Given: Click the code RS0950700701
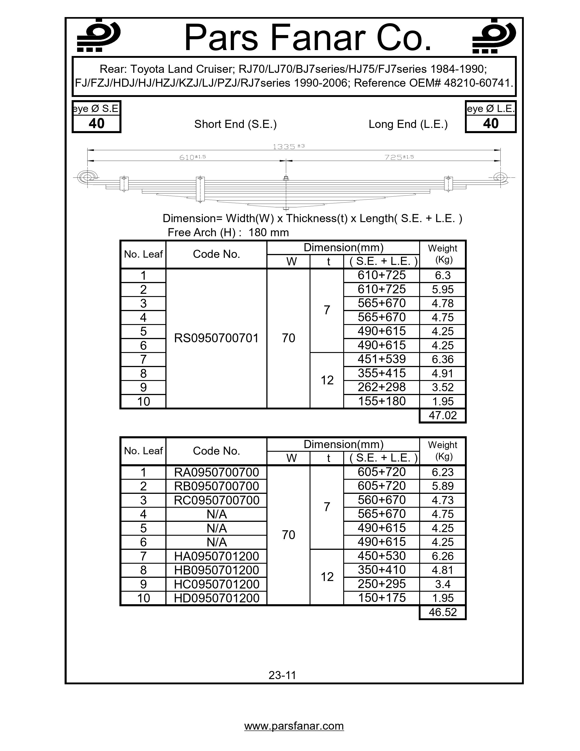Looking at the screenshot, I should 216,338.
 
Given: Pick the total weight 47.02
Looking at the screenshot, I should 443,415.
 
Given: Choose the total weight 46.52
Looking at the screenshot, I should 443,612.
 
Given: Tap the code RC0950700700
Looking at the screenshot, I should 216,500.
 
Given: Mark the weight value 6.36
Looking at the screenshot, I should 443,360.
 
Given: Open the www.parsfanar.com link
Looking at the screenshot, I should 294,726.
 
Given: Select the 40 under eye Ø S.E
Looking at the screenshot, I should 96,123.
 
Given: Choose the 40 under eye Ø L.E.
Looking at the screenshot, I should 490,123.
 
